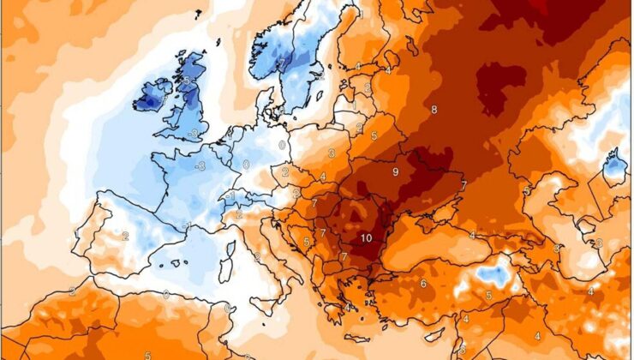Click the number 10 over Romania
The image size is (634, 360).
coord(366,238)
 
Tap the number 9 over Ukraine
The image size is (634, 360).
coord(395,172)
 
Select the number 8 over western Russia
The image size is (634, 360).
coord(434,110)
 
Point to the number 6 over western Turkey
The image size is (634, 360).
coord(423,284)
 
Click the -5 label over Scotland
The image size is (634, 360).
coord(186,80)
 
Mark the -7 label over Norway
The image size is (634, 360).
coord(278,64)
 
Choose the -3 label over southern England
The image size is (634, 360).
coord(195,133)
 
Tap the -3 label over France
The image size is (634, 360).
coord(200,166)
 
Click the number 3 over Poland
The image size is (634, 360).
coord(332,153)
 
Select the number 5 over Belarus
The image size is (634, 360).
coord(374,135)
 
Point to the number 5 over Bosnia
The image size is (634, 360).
coord(306,242)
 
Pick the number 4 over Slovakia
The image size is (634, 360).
coord(323,177)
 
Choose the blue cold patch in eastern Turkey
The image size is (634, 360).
coord(494,274)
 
